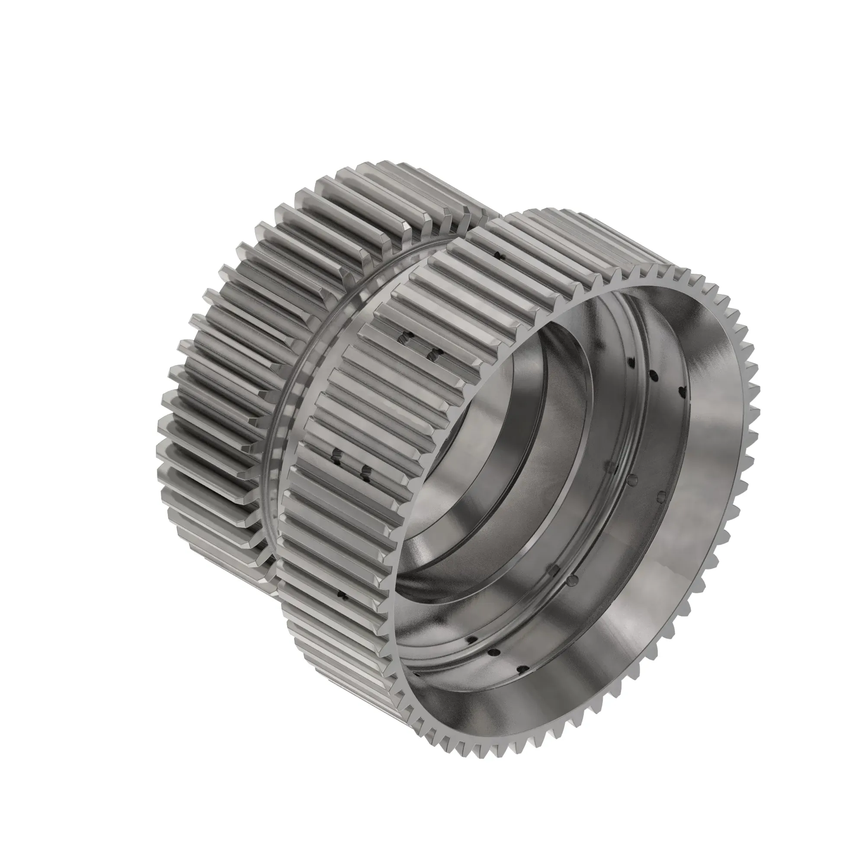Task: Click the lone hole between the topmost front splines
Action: click(x=500, y=256)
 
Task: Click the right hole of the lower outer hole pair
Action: click(x=366, y=471)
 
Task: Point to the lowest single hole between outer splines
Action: click(x=343, y=595)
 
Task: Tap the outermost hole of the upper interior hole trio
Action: click(x=682, y=392)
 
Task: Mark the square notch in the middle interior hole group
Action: click(x=611, y=467)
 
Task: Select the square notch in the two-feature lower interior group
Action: click(x=554, y=570)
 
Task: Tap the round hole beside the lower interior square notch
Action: click(x=572, y=580)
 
